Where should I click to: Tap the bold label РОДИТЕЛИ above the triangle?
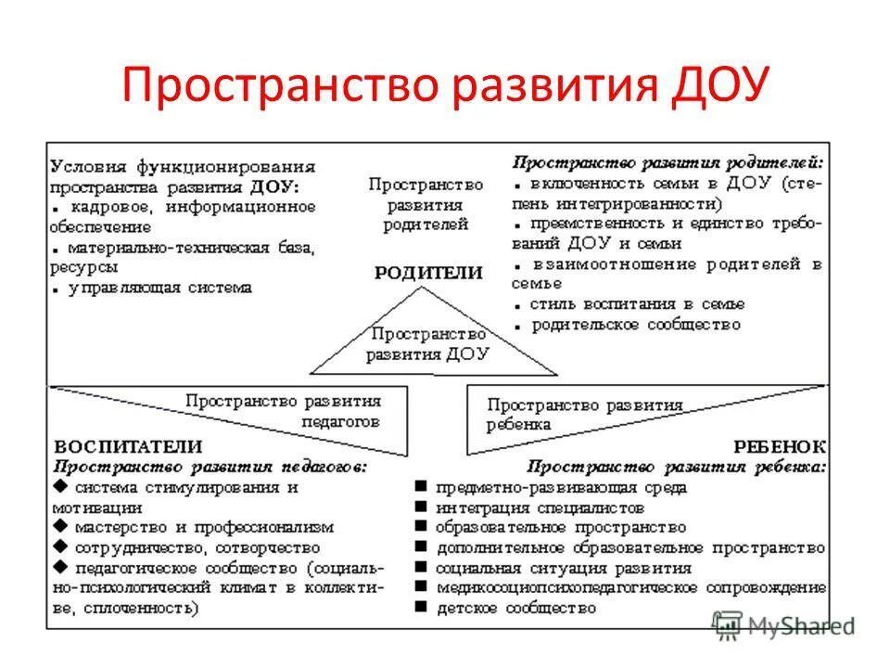[x=428, y=273]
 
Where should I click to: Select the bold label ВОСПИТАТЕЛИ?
[x=128, y=446]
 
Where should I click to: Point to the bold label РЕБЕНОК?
[x=781, y=446]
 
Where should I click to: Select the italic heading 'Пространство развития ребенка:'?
[x=677, y=467]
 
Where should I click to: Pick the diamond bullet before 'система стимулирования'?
[x=60, y=487]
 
